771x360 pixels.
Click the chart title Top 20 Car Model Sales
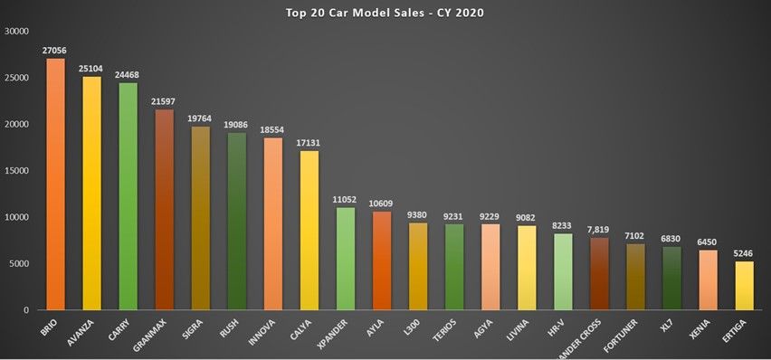pos(385,13)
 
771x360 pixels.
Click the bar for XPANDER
pos(345,259)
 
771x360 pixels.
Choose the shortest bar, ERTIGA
pos(744,285)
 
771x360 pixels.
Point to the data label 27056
pos(55,52)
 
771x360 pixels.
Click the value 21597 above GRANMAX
pos(164,102)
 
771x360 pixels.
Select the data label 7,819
pos(634,230)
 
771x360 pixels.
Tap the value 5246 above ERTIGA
pos(744,254)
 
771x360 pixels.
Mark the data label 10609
pos(381,204)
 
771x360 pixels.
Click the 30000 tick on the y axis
pos(18,31)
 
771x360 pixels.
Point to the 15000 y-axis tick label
pos(18,170)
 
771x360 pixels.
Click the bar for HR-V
pos(562,271)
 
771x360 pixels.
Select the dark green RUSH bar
pos(236,222)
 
